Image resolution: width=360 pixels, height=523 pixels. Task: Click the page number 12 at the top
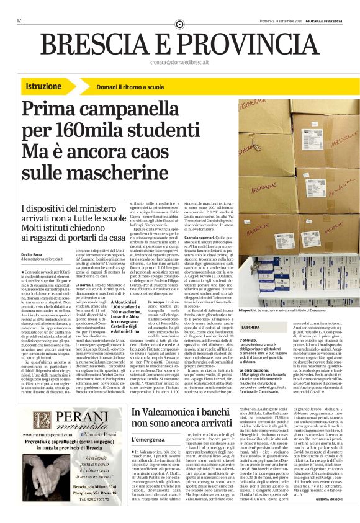coord(19,21)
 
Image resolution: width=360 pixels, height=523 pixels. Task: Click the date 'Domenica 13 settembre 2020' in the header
coord(285,21)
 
